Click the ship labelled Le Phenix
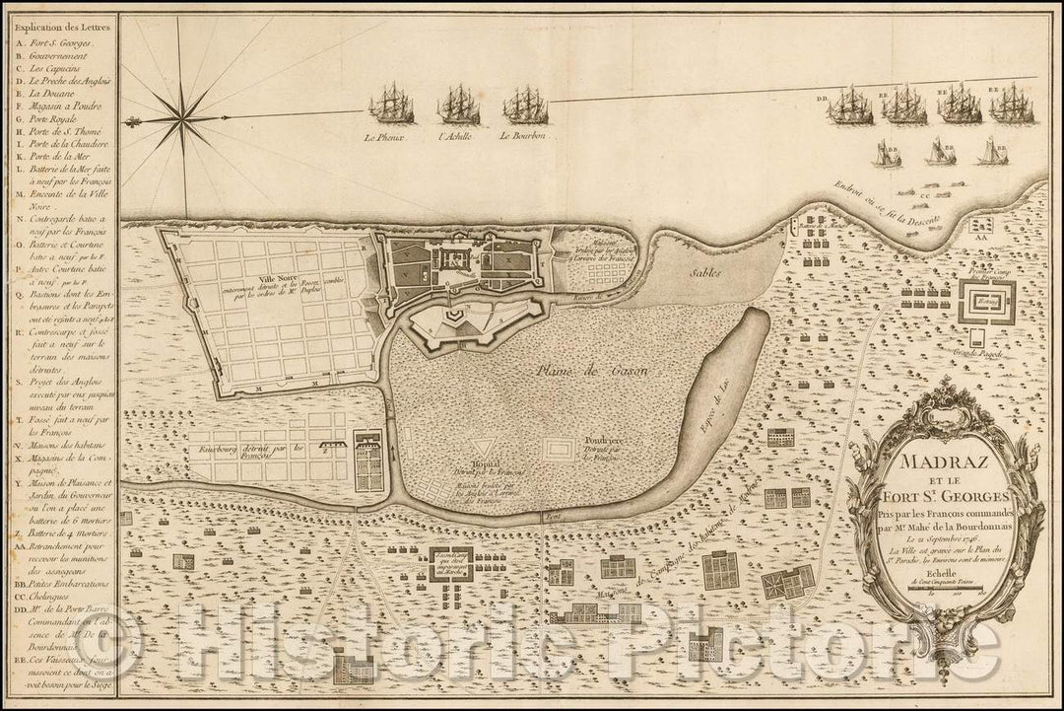391,103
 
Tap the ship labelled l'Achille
458,104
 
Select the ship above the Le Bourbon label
524,105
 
